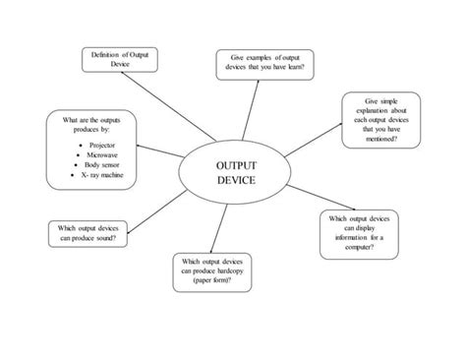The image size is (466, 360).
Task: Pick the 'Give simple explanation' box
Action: (x=379, y=120)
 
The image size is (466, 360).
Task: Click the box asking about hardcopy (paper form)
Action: (x=212, y=272)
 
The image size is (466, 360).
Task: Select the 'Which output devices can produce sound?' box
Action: (x=87, y=233)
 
